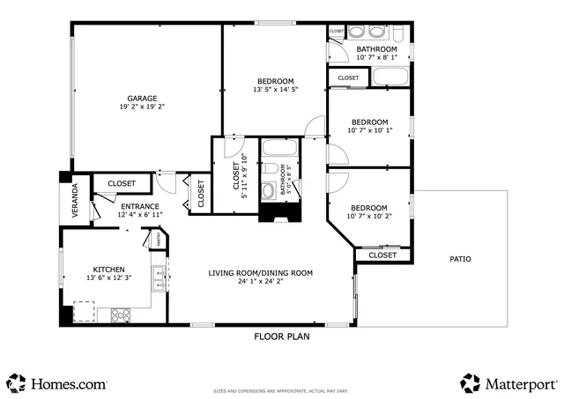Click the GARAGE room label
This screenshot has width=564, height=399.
click(x=141, y=98)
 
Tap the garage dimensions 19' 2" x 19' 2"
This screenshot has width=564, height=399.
click(x=141, y=107)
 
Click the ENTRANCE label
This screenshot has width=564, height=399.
click(x=139, y=206)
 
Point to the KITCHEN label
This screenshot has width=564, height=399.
click(x=108, y=270)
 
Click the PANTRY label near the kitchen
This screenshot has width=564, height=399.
click(x=152, y=236)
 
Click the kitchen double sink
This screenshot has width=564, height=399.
click(x=159, y=278)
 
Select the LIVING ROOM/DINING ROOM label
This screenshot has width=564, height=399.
click(x=260, y=273)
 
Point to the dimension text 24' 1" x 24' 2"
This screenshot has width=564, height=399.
click(x=260, y=282)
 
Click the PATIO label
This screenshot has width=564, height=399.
click(x=460, y=259)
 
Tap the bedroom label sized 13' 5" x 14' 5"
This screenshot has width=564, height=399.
click(x=275, y=81)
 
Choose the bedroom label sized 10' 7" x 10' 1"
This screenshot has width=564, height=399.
click(x=368, y=122)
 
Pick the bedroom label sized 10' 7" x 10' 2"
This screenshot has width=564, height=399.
click(x=368, y=207)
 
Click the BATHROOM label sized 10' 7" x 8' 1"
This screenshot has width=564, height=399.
click(x=375, y=49)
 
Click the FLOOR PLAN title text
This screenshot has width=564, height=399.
click(x=281, y=336)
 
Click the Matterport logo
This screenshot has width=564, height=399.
click(x=508, y=383)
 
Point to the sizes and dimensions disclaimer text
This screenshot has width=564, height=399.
click(x=281, y=391)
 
